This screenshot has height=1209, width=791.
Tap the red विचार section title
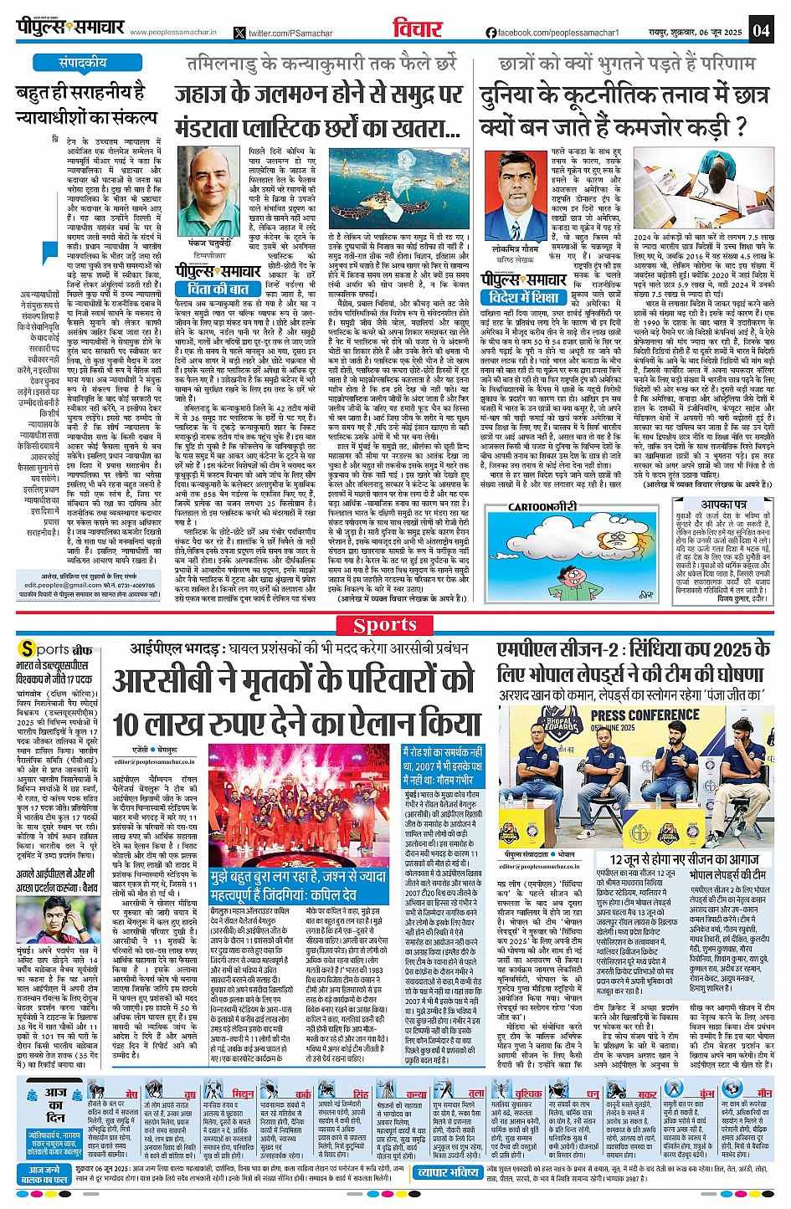click(x=417, y=29)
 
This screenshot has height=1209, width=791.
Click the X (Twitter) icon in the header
click(x=240, y=33)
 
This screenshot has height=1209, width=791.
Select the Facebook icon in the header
click(x=491, y=33)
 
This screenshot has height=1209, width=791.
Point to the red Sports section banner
click(x=395, y=625)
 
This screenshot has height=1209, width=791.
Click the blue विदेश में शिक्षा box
click(x=525, y=297)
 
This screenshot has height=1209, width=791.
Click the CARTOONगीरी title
click(x=542, y=506)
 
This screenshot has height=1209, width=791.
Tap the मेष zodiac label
click(x=131, y=1094)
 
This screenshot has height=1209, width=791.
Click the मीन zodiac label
click(x=764, y=1094)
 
